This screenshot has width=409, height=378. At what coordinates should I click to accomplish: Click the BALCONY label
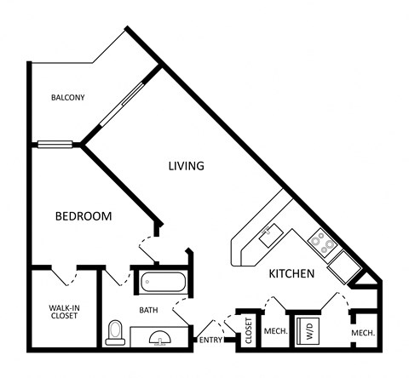[67, 97]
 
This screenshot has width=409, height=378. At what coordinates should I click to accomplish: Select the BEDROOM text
[84, 216]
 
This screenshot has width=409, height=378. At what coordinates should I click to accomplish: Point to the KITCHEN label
[292, 274]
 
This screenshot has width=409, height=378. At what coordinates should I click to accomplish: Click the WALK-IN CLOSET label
[64, 311]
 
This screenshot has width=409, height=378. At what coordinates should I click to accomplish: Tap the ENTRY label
[210, 341]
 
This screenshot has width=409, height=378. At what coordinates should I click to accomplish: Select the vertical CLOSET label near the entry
[249, 330]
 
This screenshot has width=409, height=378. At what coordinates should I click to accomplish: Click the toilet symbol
[115, 333]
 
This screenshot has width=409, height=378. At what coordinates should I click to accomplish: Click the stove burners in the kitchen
[322, 243]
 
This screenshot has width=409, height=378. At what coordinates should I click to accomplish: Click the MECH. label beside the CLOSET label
[274, 332]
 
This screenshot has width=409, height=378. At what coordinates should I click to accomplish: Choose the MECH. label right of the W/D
[363, 332]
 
